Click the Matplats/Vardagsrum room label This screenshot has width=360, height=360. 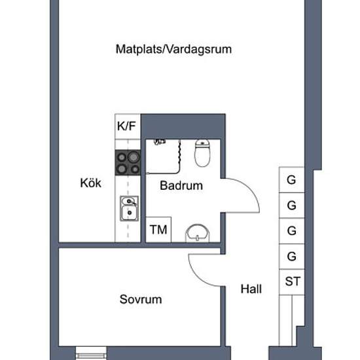coord(173,49)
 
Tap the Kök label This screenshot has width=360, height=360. coord(91,183)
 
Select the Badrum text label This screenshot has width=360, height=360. coord(181,185)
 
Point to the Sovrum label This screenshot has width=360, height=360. coord(141,299)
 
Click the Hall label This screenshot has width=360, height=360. coord(251,289)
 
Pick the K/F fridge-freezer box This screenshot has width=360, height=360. coord(128,126)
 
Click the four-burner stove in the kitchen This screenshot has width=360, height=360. coord(128,162)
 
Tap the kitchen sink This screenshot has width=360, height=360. coord(129,208)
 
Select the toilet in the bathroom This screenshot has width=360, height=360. coord(202,153)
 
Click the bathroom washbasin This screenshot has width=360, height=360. coord(198,233)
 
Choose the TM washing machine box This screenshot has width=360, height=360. coord(158,230)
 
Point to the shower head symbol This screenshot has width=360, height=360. coord(160,141)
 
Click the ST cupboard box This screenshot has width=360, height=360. coord(292,282)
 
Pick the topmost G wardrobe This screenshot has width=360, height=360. coord(292,180)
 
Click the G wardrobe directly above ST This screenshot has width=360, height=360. coord(292,257)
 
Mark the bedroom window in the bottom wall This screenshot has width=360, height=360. coord(91,353)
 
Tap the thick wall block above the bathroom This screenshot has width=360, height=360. coord(183,126)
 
